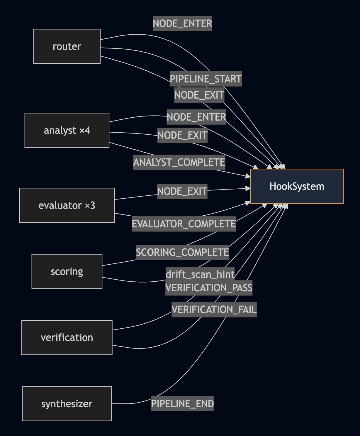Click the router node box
tap(67, 46)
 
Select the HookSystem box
tap(297, 186)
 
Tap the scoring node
tap(67, 271)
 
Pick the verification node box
tap(67, 337)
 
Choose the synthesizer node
tap(67, 404)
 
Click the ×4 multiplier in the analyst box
tap(85, 130)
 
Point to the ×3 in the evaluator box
tap(90, 205)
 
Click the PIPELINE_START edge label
tap(206, 79)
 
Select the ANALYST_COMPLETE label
tap(179, 162)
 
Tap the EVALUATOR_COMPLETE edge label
tap(184, 224)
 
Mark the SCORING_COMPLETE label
tap(182, 252)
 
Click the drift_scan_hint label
tap(200, 274)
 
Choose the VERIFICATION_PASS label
tap(209, 288)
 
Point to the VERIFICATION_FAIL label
tap(214, 310)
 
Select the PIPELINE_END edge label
tap(182, 404)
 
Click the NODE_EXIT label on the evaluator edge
tap(182, 191)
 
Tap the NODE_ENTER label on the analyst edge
tap(196, 117)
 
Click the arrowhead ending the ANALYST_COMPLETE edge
tap(248, 176)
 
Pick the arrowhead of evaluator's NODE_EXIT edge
tap(248, 188)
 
